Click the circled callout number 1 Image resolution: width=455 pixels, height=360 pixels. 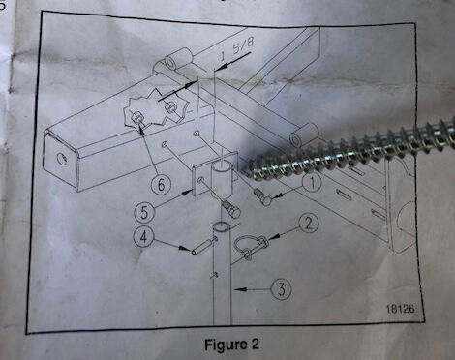click(312, 183)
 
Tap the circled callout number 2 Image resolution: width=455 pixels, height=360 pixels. click(309, 224)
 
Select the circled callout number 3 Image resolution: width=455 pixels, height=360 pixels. click(282, 288)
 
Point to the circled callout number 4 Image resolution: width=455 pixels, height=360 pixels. click(143, 237)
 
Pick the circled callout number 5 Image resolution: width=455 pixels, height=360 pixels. click(144, 212)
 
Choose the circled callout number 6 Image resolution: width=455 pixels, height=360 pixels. click(161, 185)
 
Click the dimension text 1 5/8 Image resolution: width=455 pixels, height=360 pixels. click(236, 48)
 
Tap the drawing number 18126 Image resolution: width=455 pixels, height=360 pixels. click(400, 309)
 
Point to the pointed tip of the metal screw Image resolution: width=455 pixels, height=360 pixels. click(249, 170)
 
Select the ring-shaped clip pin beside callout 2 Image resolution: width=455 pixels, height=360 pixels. click(251, 246)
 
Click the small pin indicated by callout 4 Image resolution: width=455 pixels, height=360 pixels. click(203, 246)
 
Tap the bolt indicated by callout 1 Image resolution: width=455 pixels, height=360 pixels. click(263, 197)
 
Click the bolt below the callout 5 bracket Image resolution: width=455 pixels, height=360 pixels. click(231, 209)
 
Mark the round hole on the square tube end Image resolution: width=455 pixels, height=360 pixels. click(61, 158)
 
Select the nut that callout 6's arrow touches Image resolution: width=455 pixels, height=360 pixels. click(136, 118)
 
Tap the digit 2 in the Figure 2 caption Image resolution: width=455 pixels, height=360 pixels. click(255, 344)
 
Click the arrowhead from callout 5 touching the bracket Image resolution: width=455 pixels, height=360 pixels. click(186, 194)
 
